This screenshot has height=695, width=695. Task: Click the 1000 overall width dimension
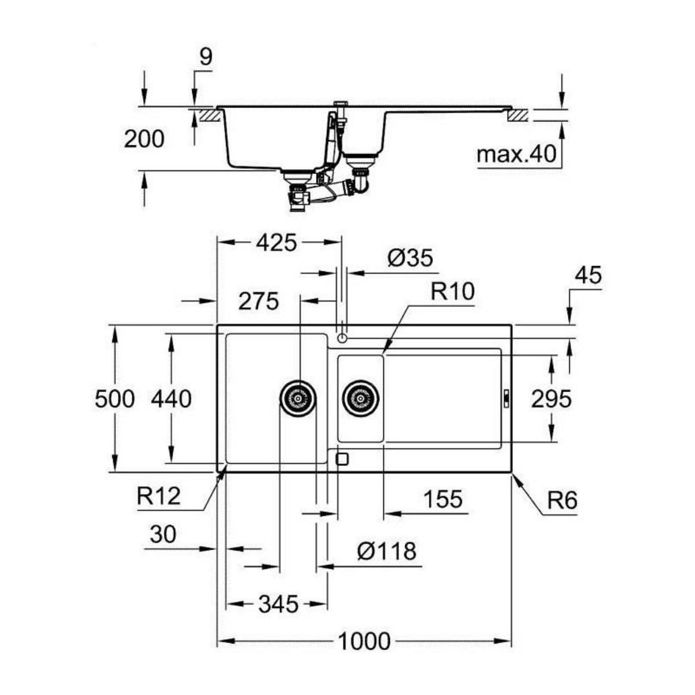[x=364, y=641]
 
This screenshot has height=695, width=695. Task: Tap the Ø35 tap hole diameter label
[x=411, y=258]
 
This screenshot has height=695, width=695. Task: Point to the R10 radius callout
[x=452, y=291]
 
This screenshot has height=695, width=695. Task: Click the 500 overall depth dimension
[x=115, y=399]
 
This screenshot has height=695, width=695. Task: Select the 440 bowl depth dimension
[x=171, y=399]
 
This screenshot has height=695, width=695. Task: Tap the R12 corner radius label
[x=159, y=496]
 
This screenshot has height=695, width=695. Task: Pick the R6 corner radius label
[x=563, y=500]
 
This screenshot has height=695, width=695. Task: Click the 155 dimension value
[x=443, y=499]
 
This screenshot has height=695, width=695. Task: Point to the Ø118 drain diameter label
[x=386, y=551]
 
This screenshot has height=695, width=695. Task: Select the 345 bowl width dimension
[x=278, y=605]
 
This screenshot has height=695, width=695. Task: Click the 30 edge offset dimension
[x=162, y=535]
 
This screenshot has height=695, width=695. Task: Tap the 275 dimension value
[x=258, y=301]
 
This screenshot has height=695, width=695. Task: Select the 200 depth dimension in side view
[x=144, y=139]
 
